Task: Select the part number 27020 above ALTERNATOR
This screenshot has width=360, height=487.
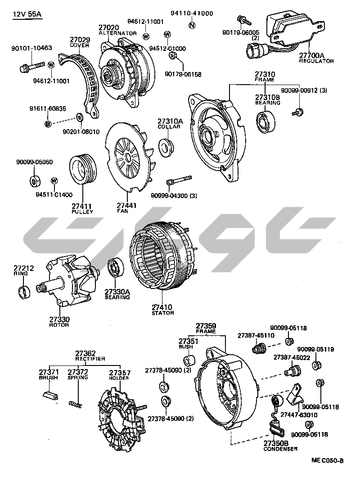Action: tap(110, 28)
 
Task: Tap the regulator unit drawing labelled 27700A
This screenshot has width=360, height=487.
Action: tap(292, 29)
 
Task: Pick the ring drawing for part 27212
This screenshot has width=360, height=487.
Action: tap(24, 291)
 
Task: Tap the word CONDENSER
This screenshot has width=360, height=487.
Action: tap(280, 449)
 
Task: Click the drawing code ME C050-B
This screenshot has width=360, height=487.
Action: tap(327, 460)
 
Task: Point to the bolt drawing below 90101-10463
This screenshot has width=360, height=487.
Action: tap(31, 68)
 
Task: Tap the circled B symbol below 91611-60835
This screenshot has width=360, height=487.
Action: tap(48, 124)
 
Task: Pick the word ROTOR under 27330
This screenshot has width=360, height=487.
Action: tap(59, 325)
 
